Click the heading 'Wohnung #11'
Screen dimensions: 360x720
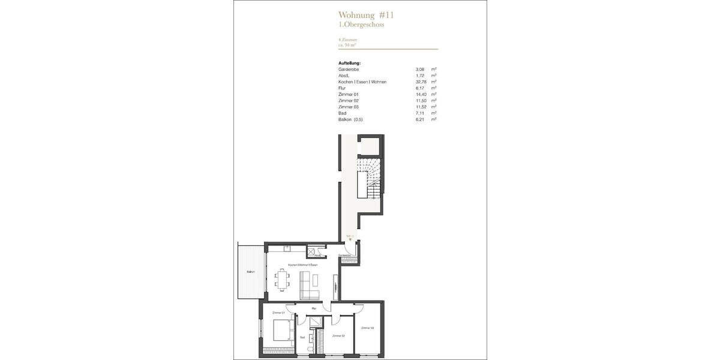(366, 15)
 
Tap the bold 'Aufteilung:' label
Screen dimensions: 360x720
(349, 63)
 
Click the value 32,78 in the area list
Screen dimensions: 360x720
(420, 82)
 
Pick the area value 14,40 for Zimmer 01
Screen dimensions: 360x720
(420, 94)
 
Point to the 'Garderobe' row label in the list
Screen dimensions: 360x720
(349, 70)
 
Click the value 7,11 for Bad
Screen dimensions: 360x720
(420, 113)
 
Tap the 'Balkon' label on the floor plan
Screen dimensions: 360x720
(250, 272)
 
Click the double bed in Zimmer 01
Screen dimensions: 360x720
(281, 330)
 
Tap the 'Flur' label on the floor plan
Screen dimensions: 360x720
(314, 308)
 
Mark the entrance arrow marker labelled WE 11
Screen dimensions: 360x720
(350, 239)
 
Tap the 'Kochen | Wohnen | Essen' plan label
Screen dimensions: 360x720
(303, 265)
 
